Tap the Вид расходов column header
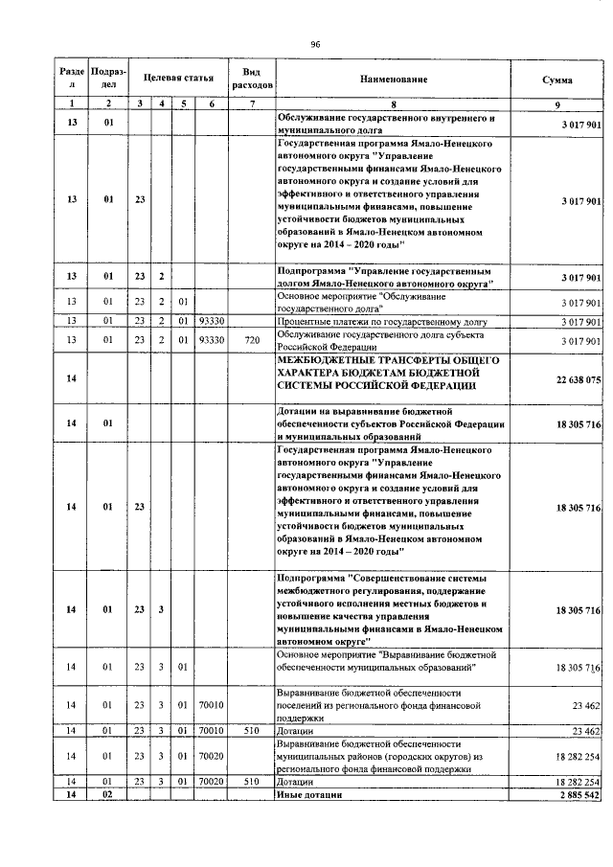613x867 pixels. tap(252, 78)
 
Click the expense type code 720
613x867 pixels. tap(252, 340)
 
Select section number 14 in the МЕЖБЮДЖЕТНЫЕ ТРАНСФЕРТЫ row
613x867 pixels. tap(71, 379)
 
